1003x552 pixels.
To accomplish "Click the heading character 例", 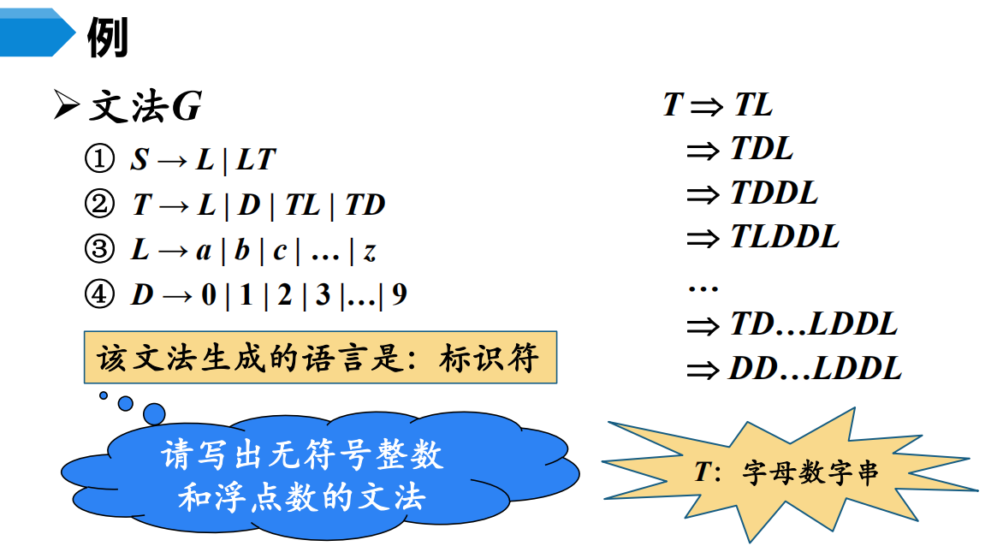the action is [x=108, y=38].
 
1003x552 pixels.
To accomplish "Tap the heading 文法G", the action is [x=145, y=108].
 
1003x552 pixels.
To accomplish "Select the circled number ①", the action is [x=98, y=159].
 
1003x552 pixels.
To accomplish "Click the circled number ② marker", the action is [x=98, y=205].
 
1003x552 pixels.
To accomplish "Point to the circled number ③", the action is [x=98, y=250].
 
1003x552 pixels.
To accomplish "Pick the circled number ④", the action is [x=98, y=295].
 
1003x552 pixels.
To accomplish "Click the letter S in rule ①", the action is [x=139, y=160].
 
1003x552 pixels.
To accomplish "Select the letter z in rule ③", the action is [x=370, y=252].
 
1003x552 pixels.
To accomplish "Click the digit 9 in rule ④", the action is [x=399, y=296].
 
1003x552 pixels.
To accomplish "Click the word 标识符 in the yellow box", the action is [x=490, y=358].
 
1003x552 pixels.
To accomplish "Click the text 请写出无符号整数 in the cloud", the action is [x=303, y=454].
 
